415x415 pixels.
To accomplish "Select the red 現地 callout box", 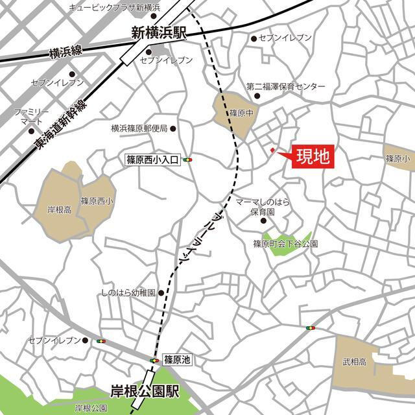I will (x=313, y=156).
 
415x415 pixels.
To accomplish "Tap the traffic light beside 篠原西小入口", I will (x=189, y=160).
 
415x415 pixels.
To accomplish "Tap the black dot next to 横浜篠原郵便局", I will (x=173, y=128).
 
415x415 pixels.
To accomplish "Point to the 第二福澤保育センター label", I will (x=285, y=86).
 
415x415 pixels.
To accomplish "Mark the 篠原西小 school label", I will (x=96, y=201).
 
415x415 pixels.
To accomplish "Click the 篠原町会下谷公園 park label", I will (x=285, y=244).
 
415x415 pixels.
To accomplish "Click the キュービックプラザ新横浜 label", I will (x=114, y=7).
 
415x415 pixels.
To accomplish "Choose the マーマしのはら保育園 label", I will (x=262, y=207).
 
